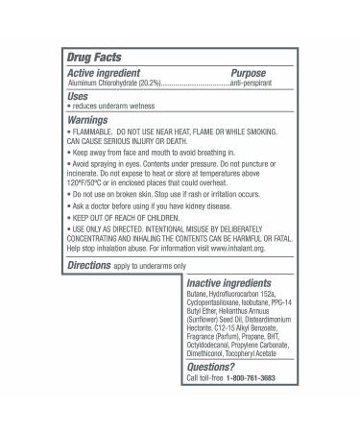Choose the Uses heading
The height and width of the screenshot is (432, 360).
79,96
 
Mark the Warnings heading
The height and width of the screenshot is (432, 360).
87,121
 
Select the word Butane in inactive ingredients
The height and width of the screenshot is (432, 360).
198,298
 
